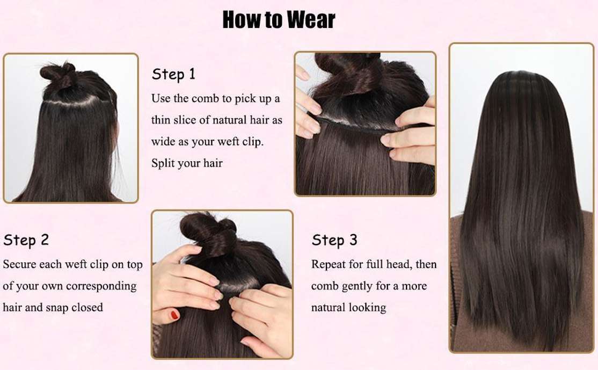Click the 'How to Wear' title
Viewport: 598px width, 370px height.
(x=279, y=19)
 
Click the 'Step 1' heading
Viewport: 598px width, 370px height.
(x=173, y=74)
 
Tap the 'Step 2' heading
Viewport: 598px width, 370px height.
(x=26, y=240)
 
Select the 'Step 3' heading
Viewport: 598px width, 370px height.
(x=334, y=240)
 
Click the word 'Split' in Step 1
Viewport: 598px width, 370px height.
(x=163, y=163)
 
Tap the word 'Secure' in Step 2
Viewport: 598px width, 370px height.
(x=17, y=264)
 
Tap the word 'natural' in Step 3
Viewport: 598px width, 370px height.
(x=329, y=308)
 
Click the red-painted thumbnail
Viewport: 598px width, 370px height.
(x=174, y=315)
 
